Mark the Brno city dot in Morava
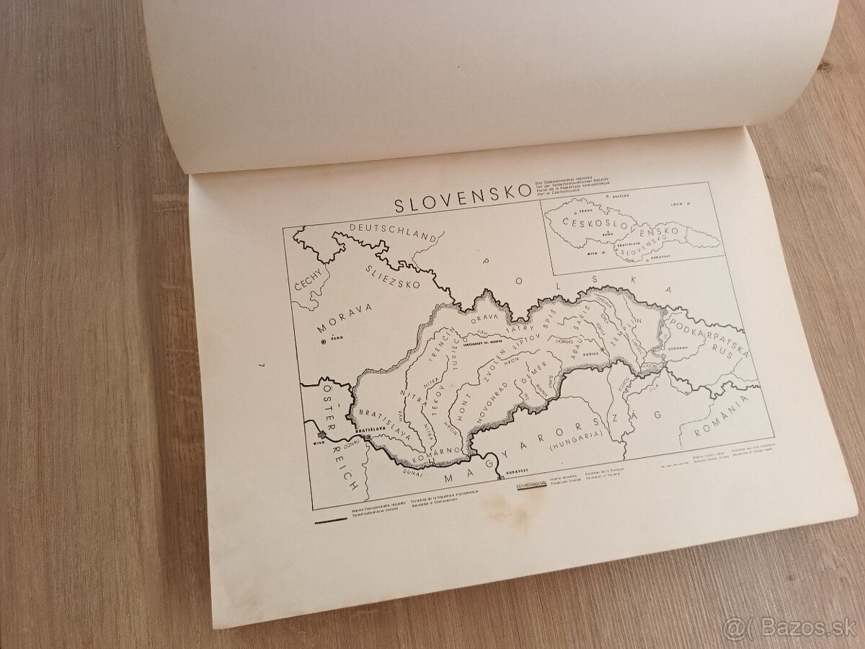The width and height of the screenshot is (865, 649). [324, 343]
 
